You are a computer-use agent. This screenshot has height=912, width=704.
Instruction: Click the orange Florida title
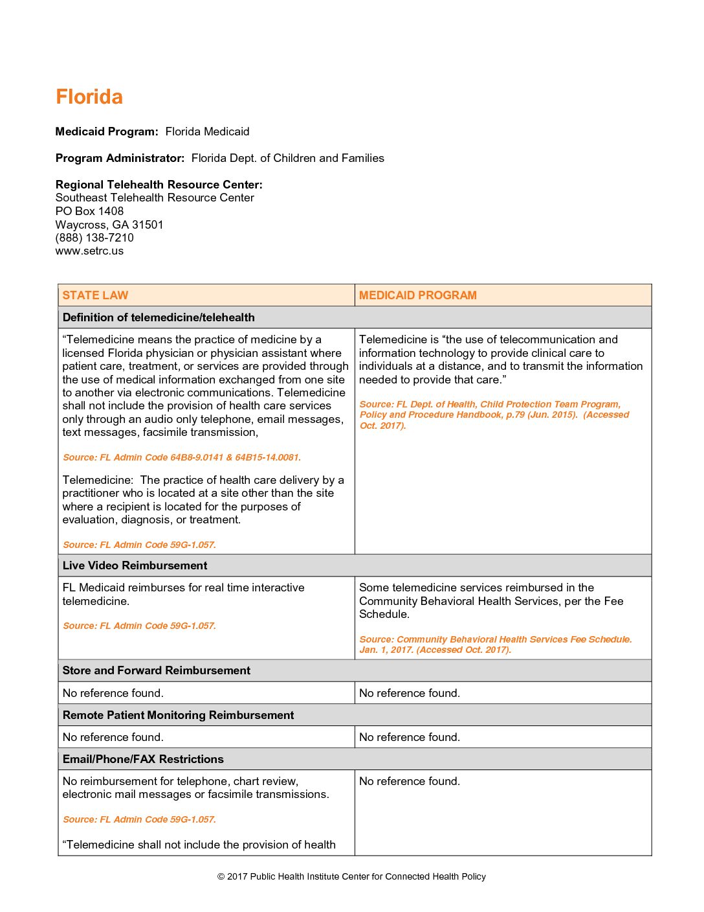point(89,97)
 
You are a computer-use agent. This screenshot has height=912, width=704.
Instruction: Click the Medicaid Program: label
point(107,131)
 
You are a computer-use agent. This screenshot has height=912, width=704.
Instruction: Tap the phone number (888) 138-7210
point(94,238)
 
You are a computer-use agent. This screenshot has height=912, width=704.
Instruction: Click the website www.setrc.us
point(89,251)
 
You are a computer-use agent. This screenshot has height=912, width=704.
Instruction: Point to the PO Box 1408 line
point(89,211)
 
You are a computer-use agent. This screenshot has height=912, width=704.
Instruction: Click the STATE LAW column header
point(95,295)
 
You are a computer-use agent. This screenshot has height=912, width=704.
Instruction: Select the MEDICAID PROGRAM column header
point(417,295)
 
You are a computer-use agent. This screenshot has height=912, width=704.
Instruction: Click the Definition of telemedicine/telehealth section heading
point(159,317)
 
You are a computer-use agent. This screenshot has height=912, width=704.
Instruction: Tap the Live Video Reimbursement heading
point(135,565)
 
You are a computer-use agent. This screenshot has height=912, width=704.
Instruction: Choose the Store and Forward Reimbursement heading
point(156,670)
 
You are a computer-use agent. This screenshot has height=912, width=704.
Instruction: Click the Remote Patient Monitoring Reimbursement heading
point(178,715)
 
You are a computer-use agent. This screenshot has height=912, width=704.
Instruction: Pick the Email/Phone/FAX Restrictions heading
point(143,759)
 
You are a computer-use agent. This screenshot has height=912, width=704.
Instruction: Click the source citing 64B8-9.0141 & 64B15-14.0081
point(182,457)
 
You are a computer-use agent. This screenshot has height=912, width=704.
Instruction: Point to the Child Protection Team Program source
point(494,415)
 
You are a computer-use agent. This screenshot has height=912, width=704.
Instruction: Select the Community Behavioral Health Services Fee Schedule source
point(495,644)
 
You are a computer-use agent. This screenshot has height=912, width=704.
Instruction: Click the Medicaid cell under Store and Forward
point(410,693)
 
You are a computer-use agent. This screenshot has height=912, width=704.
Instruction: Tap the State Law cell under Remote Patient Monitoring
point(113,737)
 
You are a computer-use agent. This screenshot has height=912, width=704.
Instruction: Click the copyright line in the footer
point(351,877)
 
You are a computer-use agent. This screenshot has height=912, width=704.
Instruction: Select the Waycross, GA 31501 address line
point(109,225)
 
